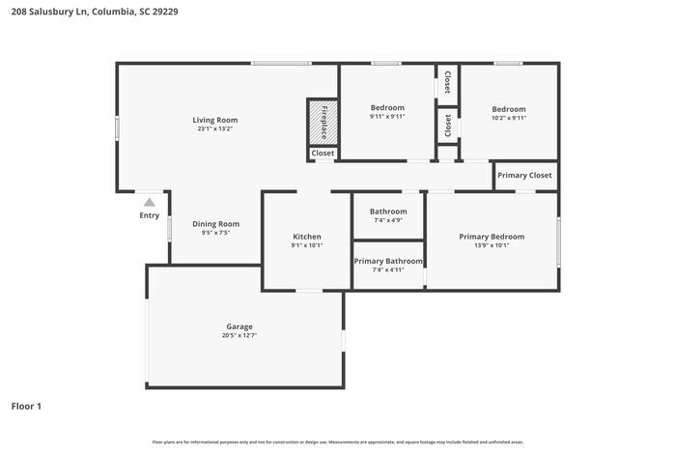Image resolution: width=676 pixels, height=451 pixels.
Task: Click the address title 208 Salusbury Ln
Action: [95, 13]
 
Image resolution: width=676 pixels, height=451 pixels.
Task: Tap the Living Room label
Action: [214, 120]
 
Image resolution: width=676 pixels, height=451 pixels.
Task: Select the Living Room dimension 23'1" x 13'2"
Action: [214, 128]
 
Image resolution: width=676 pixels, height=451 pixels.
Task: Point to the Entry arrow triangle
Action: [149, 203]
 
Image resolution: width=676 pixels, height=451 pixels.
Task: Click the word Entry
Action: [149, 215]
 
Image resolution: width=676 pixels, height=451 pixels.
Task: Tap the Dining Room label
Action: [215, 224]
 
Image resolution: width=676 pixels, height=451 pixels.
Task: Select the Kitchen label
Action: [307, 237]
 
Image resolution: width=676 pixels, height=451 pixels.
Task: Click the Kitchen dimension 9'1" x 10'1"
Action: [307, 245]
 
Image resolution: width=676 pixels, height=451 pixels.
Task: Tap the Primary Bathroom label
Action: [387, 261]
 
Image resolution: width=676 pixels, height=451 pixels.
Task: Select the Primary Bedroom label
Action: [492, 237]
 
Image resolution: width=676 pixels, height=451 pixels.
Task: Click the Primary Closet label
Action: [525, 176]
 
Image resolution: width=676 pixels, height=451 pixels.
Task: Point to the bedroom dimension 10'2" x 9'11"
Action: [508, 119]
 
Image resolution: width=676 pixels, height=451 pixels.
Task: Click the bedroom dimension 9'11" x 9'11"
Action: [387, 117]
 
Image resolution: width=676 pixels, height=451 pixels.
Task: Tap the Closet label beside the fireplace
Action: [323, 153]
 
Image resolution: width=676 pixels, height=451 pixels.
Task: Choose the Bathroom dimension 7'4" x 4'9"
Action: [387, 220]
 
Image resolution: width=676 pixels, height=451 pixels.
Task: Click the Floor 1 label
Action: [26, 407]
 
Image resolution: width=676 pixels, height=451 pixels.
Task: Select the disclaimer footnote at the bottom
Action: [337, 441]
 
